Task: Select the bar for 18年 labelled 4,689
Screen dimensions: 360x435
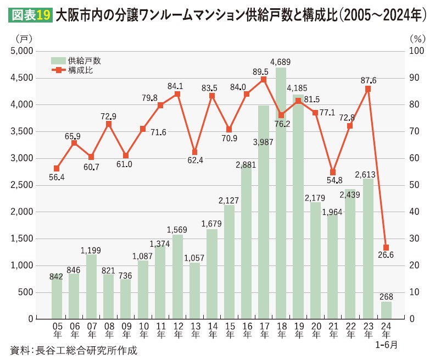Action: tap(281, 192)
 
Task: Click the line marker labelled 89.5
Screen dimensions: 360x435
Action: tap(264, 79)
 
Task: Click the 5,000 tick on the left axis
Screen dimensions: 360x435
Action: tap(21, 51)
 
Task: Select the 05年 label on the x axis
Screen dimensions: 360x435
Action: tap(57, 330)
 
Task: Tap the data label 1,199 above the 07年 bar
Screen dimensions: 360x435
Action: tap(91, 250)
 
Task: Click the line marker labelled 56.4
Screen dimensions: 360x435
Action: tap(57, 168)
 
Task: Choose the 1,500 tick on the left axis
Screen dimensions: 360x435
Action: tap(21, 239)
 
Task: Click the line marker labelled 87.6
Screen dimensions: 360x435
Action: tap(367, 88)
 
